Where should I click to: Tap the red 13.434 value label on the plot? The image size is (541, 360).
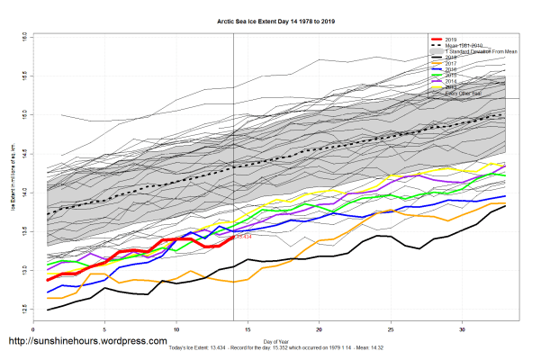244,238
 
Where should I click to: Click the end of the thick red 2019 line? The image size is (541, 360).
233,238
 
